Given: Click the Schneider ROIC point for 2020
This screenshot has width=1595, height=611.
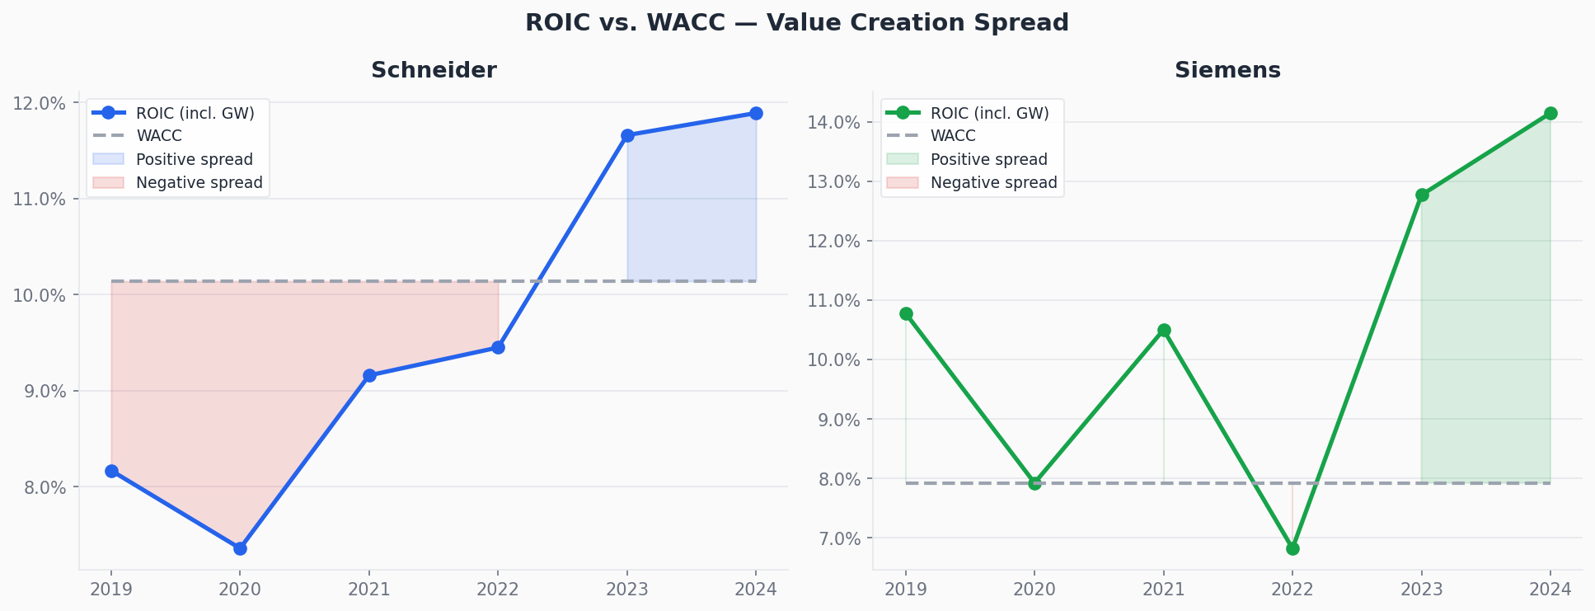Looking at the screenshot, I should point(240,548).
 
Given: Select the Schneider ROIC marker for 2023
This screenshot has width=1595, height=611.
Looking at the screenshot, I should point(627,135).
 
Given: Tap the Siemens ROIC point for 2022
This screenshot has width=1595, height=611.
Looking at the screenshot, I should point(1292,548).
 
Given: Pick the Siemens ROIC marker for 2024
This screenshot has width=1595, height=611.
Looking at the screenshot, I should point(1550,113).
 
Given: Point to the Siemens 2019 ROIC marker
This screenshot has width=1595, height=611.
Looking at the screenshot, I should point(906,313).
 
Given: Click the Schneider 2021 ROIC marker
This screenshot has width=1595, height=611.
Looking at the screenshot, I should point(369,375).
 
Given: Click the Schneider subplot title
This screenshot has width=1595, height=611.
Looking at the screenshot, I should point(434,71).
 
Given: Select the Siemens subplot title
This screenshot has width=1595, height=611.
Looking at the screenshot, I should point(1227,71).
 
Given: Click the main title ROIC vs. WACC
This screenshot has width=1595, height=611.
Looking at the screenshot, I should point(796,23).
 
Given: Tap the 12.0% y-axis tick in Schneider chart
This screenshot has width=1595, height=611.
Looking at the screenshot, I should point(39,103).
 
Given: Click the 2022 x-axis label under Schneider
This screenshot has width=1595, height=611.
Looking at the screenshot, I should point(498,590).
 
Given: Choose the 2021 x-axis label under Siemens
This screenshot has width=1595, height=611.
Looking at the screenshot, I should point(1163,590).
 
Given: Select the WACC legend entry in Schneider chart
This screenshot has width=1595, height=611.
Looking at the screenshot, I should point(159,136).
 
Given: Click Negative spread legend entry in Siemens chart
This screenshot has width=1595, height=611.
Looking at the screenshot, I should point(993,183).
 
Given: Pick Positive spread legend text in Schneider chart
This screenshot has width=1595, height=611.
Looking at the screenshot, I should point(195,160).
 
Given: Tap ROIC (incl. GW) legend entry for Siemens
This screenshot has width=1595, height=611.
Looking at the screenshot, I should point(989,113).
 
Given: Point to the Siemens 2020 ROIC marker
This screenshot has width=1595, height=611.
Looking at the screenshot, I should point(1034,483).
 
